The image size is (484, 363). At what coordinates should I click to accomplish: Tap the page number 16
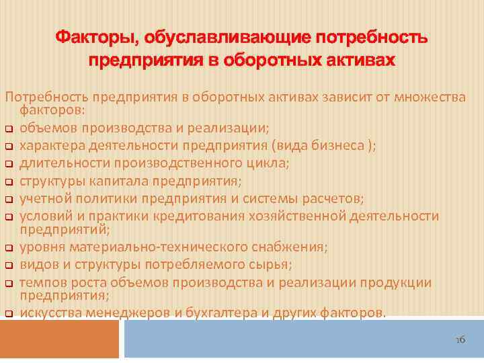460,341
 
